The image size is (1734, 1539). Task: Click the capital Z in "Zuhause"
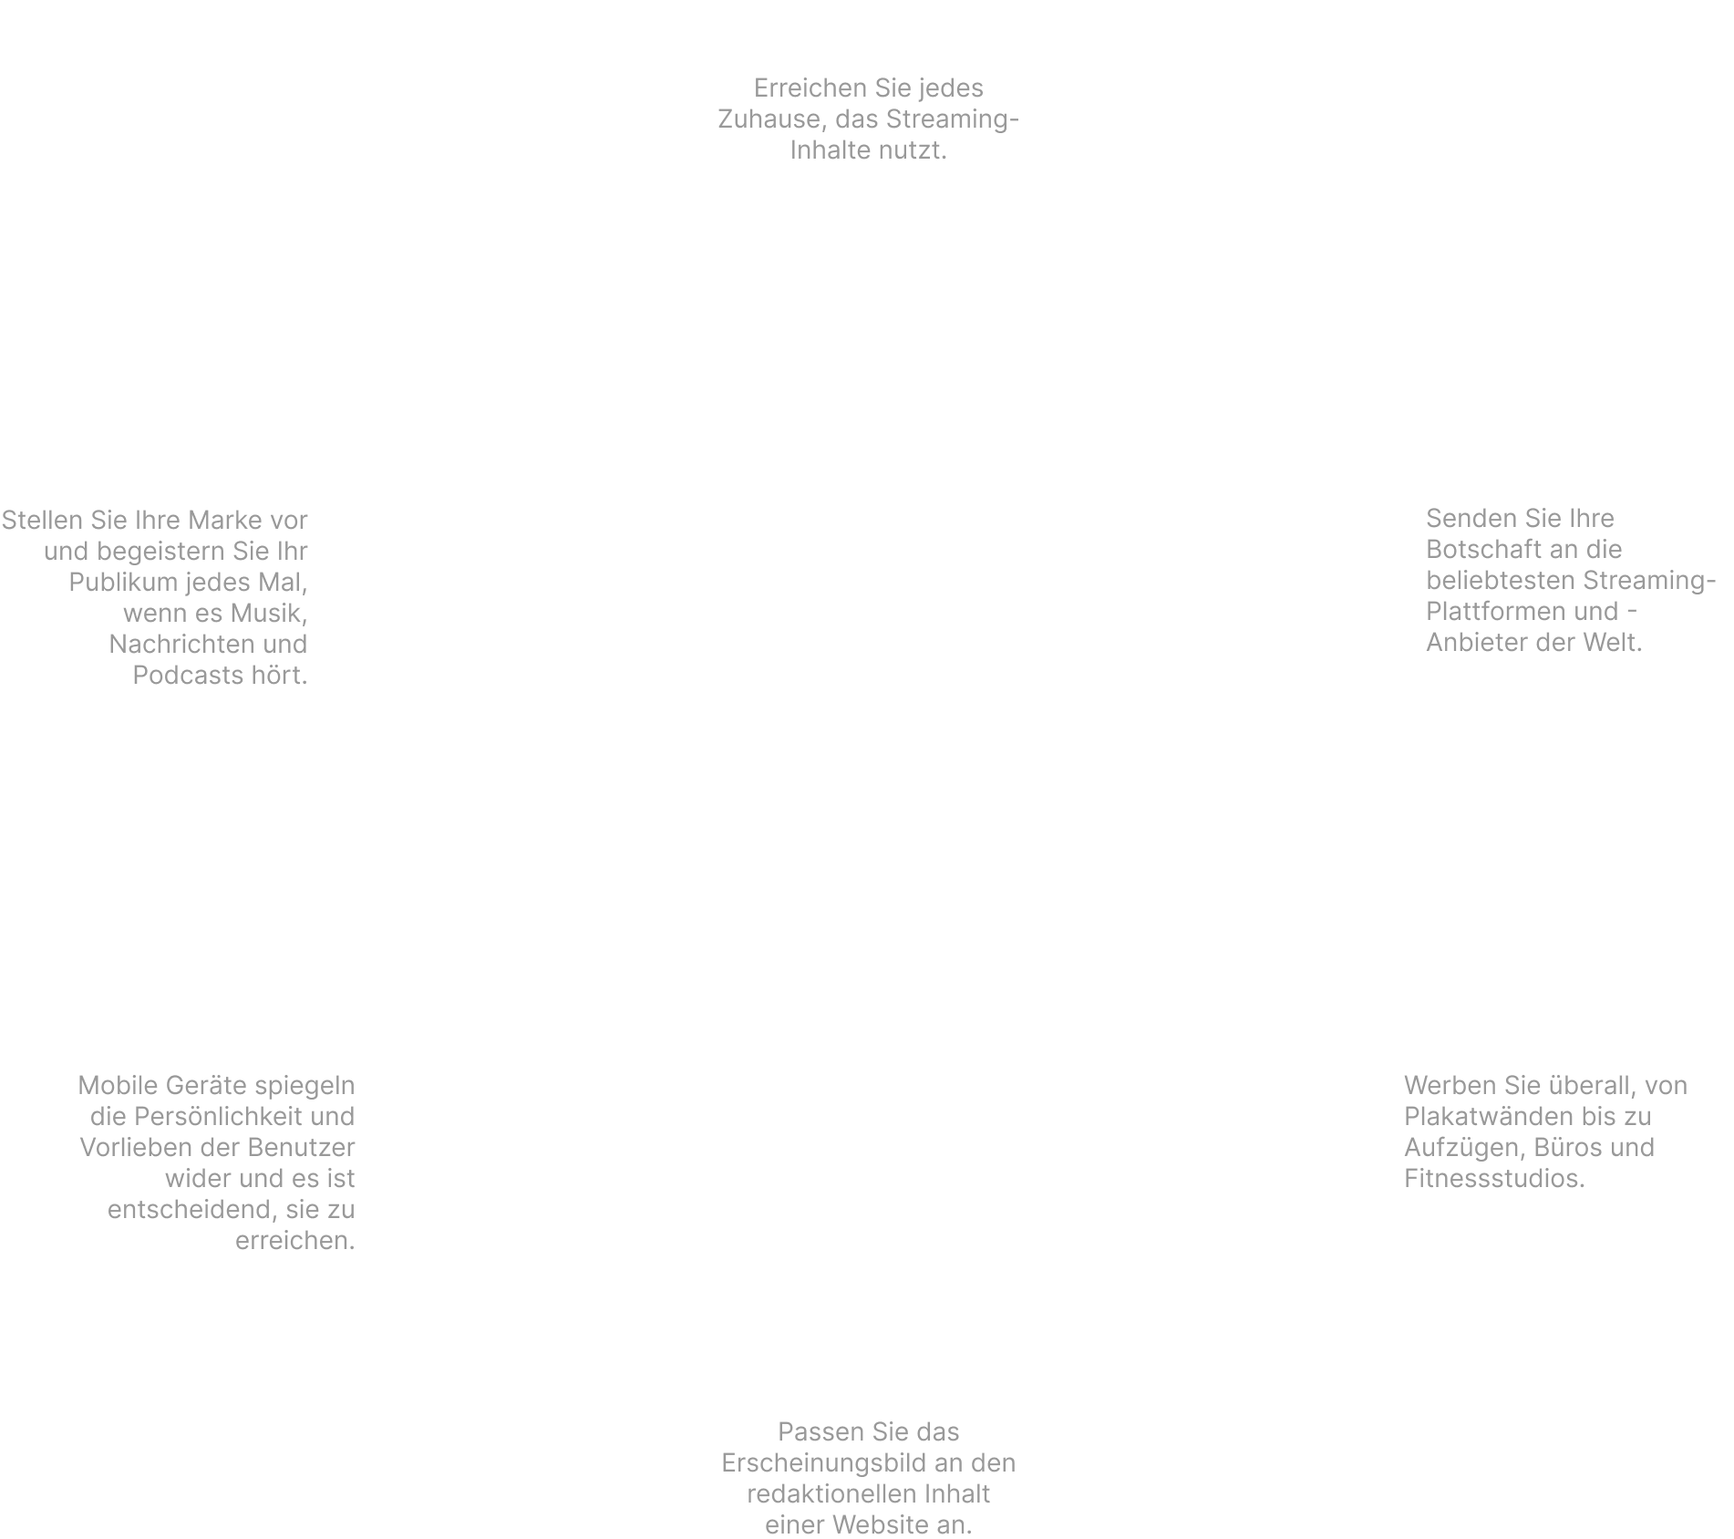click(x=727, y=119)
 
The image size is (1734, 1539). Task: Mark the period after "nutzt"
click(x=944, y=157)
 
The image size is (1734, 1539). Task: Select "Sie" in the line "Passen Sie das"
click(x=887, y=1432)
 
